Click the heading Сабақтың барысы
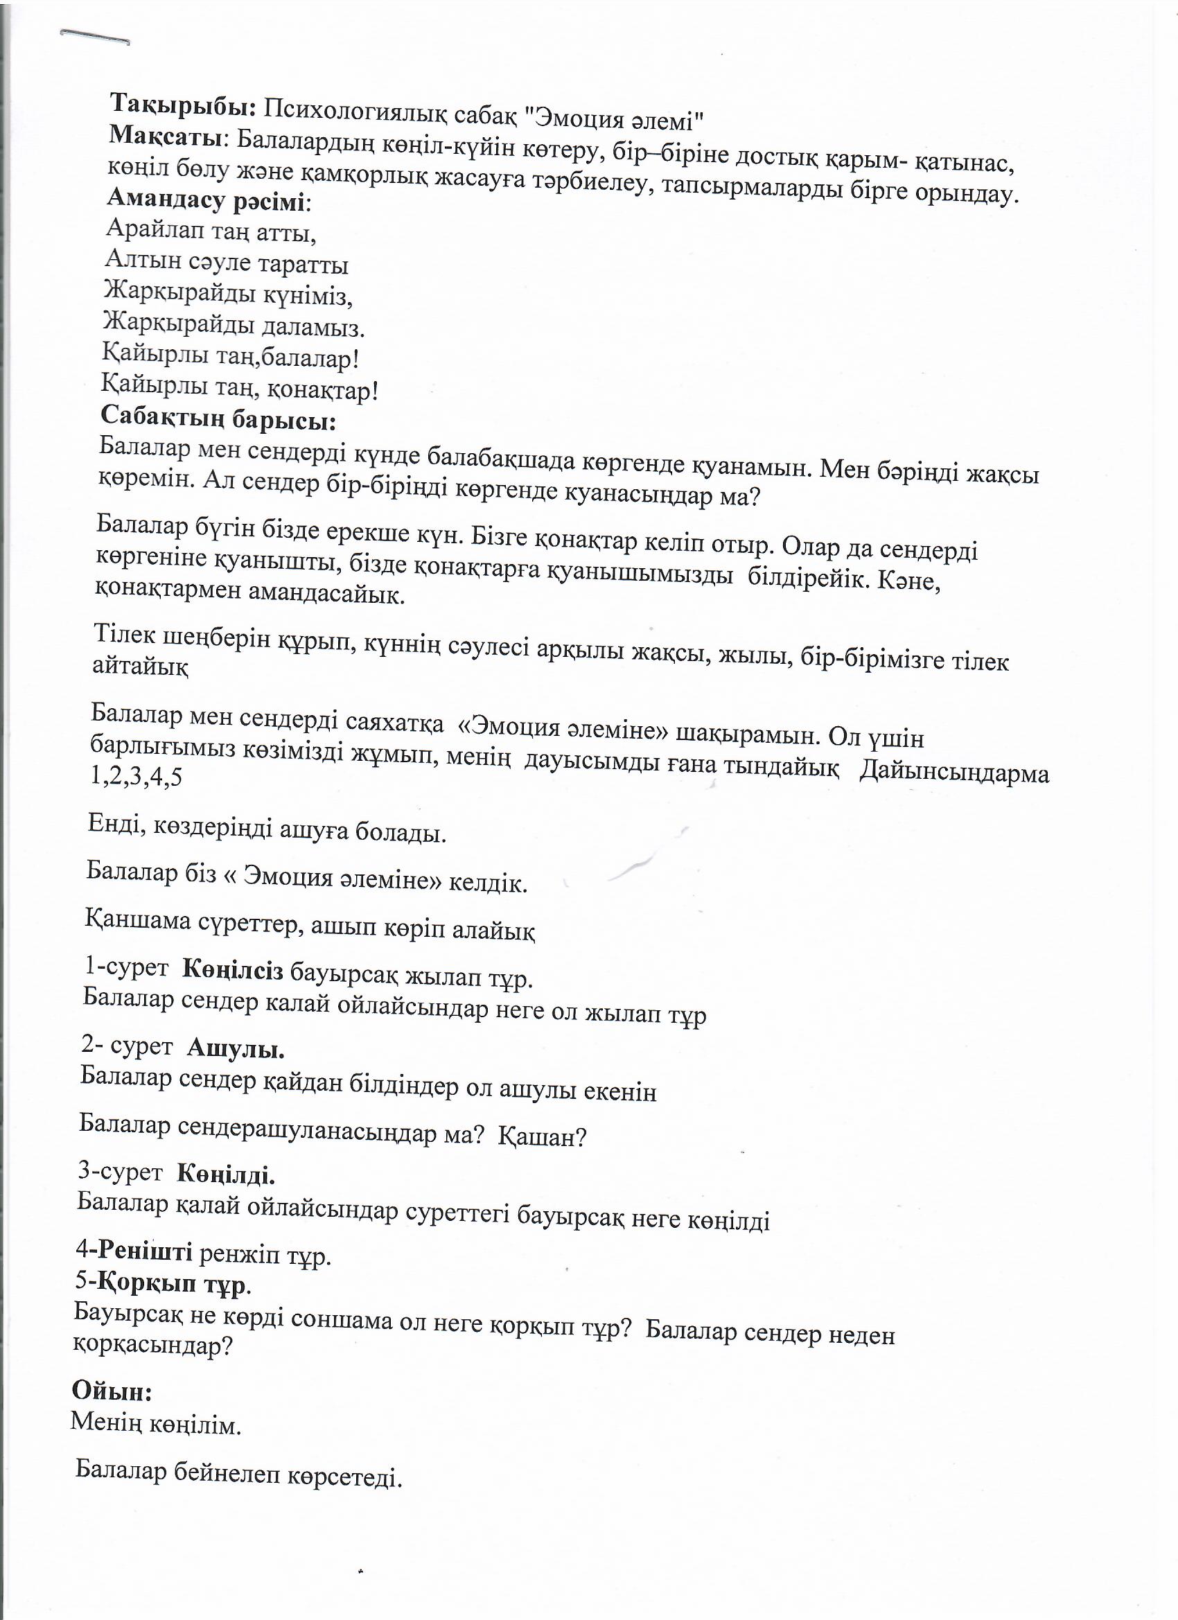coord(218,417)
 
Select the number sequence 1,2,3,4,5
coord(137,776)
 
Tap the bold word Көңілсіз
coord(233,970)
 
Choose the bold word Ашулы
coord(236,1048)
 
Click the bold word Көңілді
coord(226,1174)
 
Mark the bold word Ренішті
coord(145,1251)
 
